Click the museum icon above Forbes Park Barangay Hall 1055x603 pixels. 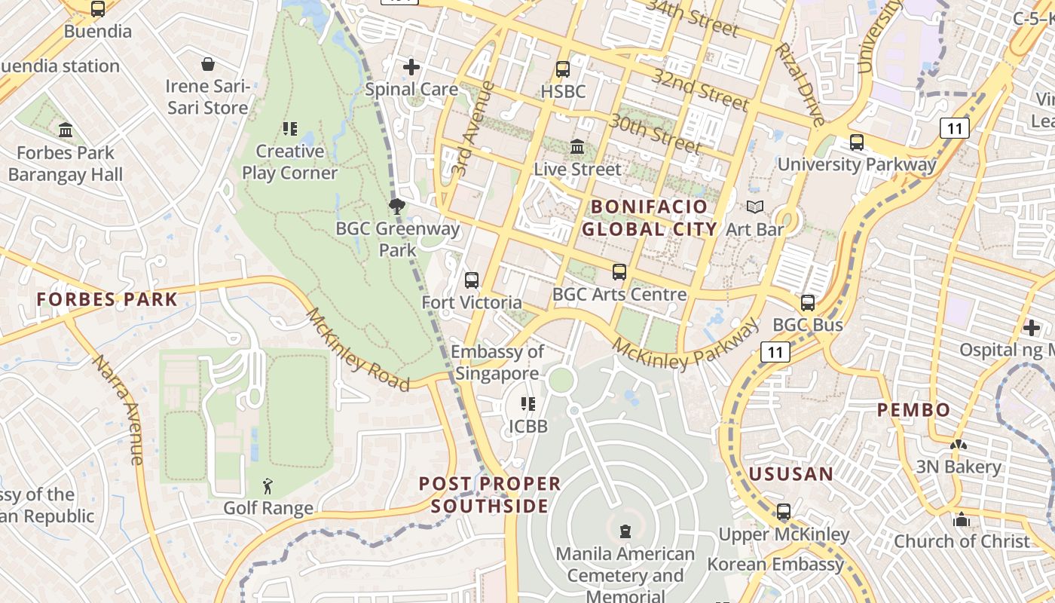[x=66, y=130]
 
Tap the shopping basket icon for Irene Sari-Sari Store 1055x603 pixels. [x=207, y=64]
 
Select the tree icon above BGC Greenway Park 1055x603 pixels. [x=396, y=206]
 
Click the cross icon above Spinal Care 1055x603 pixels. [x=411, y=67]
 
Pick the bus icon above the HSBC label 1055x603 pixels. [x=562, y=69]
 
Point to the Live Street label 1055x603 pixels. [x=577, y=170]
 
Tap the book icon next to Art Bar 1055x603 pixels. [x=754, y=207]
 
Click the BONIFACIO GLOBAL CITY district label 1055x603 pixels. [x=649, y=218]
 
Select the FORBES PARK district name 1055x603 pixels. [x=107, y=299]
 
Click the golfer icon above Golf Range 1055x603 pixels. [x=268, y=486]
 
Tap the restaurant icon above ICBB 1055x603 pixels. [x=528, y=404]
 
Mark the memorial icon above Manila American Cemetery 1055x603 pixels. [x=625, y=531]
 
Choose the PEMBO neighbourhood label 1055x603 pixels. [x=913, y=410]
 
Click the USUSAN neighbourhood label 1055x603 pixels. [x=790, y=474]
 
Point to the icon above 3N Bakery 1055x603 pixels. [x=959, y=445]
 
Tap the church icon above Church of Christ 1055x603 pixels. [x=961, y=519]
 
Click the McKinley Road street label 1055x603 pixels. [x=357, y=350]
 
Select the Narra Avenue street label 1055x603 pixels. [x=118, y=409]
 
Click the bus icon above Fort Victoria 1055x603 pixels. [x=472, y=280]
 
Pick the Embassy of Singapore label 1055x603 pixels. [x=497, y=363]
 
